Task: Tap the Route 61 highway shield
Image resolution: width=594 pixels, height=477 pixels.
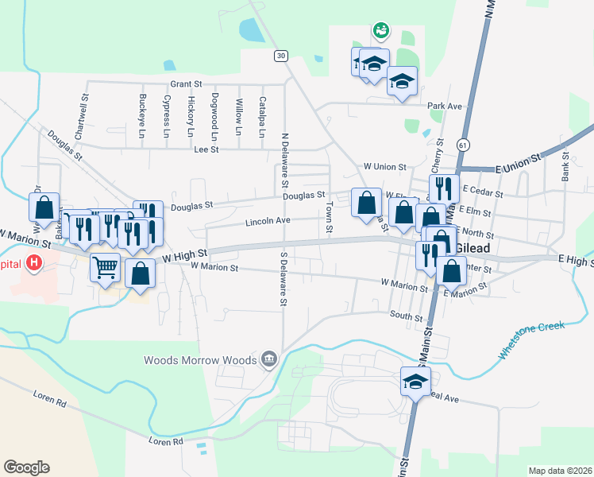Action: [x=462, y=144]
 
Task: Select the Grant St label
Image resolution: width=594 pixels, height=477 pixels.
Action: [x=187, y=83]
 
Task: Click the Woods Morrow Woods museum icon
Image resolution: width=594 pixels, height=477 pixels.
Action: [x=268, y=360]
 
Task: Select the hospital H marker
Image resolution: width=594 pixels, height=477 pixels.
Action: [x=35, y=262]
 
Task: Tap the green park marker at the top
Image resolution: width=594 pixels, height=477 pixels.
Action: [x=381, y=31]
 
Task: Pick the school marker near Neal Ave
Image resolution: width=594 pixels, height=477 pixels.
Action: [x=415, y=381]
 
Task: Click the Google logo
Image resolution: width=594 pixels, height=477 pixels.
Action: [x=26, y=467]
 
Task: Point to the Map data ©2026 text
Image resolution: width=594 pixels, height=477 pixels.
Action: [x=560, y=470]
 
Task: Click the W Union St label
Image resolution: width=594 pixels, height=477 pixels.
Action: [x=384, y=167]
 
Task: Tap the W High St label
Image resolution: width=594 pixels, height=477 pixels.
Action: [x=184, y=255]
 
